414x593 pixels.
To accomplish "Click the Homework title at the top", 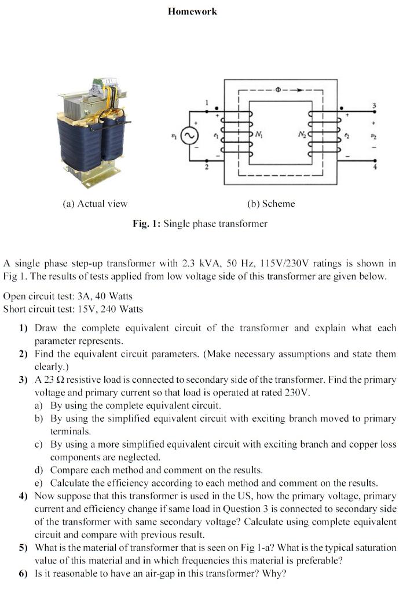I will coord(193,11).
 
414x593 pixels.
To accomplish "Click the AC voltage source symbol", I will coord(188,137).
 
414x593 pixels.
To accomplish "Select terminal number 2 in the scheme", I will coord(205,168).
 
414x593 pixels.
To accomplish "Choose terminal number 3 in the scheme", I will coord(373,105).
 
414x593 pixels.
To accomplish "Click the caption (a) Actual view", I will coord(94,203).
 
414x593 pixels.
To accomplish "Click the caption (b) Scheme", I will coord(271,203).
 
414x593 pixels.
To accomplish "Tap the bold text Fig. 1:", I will coord(146,224).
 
